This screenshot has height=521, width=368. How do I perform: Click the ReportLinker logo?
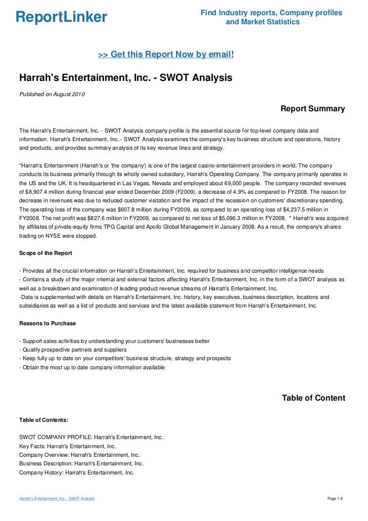(62, 17)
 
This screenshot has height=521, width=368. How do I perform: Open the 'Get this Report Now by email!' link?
(166, 54)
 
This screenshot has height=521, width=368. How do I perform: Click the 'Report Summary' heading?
(312, 109)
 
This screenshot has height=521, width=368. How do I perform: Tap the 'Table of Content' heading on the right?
(313, 398)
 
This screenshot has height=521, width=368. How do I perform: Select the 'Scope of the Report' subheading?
(45, 253)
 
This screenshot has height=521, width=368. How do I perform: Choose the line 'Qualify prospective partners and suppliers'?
(72, 350)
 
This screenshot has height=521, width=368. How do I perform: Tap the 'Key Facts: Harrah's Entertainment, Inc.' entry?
(68, 446)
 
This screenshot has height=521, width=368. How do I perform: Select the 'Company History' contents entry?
(76, 472)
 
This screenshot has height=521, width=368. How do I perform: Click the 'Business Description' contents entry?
(81, 463)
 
